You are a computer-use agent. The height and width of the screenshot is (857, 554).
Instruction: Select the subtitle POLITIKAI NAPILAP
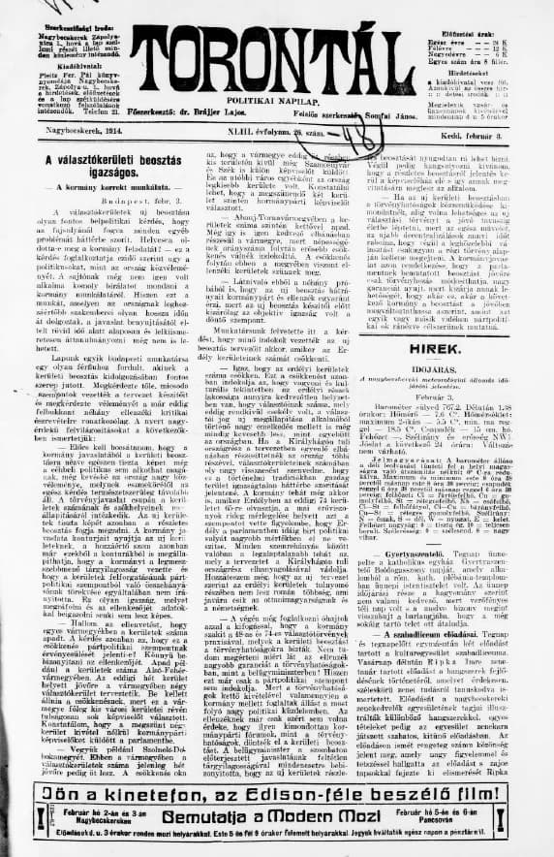pos(275,101)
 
